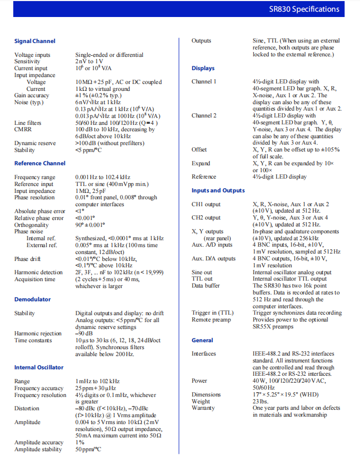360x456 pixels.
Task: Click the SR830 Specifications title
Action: tap(311, 9)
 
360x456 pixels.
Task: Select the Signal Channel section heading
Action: tap(35, 41)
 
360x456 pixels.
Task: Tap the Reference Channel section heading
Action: tap(40, 163)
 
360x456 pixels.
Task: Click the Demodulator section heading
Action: tap(32, 299)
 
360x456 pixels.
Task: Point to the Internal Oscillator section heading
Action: tap(39, 367)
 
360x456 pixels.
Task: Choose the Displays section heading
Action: tap(203, 68)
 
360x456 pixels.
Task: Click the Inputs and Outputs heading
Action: tap(218, 190)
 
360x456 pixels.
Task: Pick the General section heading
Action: tap(202, 340)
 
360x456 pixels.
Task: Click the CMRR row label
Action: tap(23, 129)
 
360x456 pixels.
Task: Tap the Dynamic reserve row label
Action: tap(35, 143)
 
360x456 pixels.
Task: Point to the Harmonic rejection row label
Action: tap(38, 334)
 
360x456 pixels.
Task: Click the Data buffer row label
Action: tap(206, 285)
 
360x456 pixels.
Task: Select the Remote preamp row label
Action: tap(211, 319)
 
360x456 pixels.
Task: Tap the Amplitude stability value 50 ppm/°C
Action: tap(88, 449)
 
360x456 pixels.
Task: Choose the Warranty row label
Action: tap(203, 408)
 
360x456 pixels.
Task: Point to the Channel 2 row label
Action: tap(204, 115)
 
